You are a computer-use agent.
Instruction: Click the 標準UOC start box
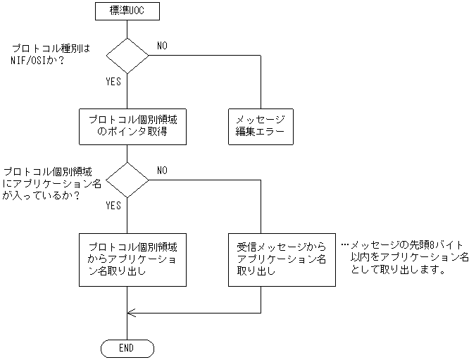pos(127,11)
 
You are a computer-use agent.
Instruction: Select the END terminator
pos(127,348)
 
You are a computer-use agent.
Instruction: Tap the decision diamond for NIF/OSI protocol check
pos(127,55)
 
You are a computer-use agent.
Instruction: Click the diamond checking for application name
pos(127,180)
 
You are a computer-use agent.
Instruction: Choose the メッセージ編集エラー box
pos(261,127)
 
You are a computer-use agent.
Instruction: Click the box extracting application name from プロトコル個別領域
pos(132,259)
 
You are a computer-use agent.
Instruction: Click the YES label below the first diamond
pos(113,82)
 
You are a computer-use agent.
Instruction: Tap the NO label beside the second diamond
pos(162,170)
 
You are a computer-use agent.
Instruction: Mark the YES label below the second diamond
pos(113,206)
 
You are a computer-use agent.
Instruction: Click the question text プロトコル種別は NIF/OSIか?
pos(53,55)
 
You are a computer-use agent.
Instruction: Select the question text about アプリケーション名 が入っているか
pos(51,183)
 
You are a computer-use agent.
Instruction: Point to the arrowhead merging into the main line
pos(132,312)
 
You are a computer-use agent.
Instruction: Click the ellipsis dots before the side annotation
pos(344,244)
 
